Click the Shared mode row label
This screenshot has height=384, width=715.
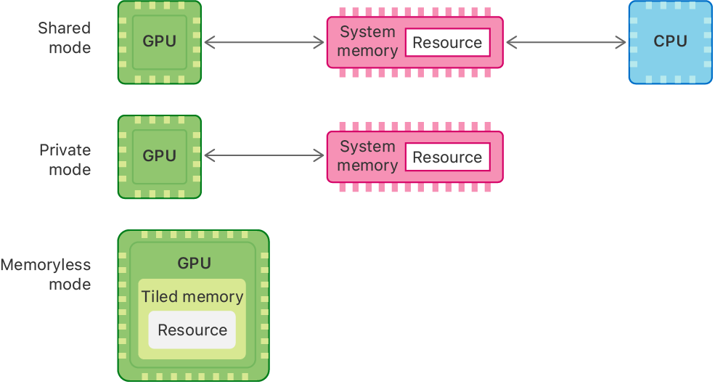click(65, 38)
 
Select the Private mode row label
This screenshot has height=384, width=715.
click(65, 160)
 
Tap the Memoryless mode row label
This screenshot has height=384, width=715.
click(46, 274)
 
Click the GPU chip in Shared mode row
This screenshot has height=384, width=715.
click(160, 42)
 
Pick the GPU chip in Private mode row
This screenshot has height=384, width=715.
click(160, 156)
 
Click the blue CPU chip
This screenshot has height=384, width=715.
click(670, 42)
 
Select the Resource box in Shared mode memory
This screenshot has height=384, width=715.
click(447, 43)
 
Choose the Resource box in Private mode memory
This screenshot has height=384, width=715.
click(447, 158)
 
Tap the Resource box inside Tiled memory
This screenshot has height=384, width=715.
click(192, 330)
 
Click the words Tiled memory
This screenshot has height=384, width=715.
click(192, 297)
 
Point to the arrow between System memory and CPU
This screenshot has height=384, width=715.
click(566, 43)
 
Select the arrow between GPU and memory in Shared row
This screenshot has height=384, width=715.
click(264, 43)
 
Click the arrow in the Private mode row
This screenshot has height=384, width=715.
click(264, 156)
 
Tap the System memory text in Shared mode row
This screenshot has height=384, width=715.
click(368, 42)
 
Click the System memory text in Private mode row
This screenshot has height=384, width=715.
click(368, 156)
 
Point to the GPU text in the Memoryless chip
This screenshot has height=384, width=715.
click(194, 264)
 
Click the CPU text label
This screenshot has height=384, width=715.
click(670, 41)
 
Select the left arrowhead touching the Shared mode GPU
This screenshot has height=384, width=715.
click(209, 43)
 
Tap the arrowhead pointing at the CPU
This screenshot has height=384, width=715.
click(621, 43)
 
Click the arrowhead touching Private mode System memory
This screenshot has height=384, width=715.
click(319, 156)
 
